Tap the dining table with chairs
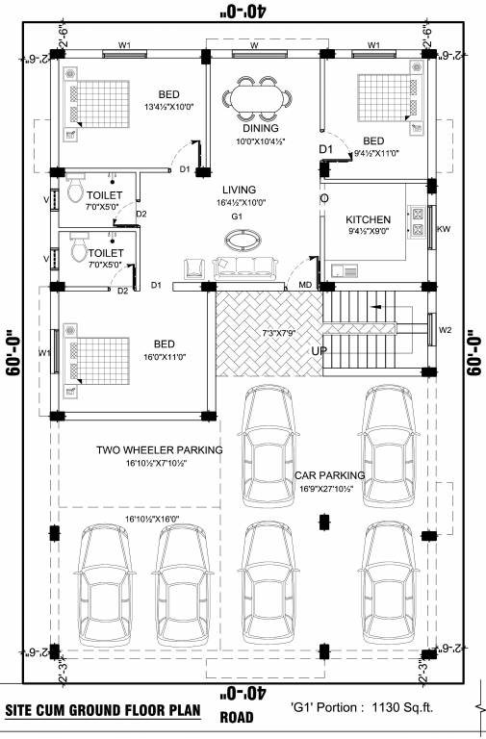tap(257, 99)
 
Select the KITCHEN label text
tap(369, 219)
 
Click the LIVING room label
tap(237, 191)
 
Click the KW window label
tap(444, 229)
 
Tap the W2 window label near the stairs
tap(444, 330)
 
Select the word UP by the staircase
tap(320, 351)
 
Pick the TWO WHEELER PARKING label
tap(159, 449)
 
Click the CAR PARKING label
tap(330, 475)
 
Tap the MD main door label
tap(304, 285)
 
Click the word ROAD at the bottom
tap(237, 718)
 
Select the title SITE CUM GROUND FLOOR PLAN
tap(103, 712)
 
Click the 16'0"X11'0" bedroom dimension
tap(166, 357)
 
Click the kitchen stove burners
tap(419, 222)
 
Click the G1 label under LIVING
tap(236, 217)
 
